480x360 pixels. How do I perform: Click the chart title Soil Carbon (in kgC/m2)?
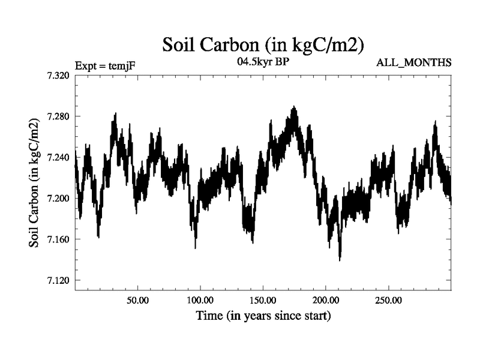point(264,44)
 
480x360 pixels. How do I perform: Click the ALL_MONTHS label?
point(414,63)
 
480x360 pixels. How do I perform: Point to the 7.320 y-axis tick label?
point(58,76)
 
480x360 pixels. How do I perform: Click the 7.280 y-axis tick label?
point(58,116)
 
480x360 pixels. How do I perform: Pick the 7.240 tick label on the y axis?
point(58,157)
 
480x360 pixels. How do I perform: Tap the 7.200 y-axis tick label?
point(58,199)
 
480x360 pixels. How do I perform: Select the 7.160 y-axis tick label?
point(58,239)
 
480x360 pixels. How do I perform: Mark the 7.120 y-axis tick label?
point(58,280)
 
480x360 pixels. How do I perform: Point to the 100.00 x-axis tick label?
point(200,299)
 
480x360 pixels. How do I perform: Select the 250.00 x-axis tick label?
point(388,299)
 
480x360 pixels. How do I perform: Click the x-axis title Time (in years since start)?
point(263,315)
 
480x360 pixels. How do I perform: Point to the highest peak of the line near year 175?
point(293,107)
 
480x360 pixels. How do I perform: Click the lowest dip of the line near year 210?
point(340,259)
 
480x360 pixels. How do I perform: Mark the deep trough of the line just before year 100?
point(195,247)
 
